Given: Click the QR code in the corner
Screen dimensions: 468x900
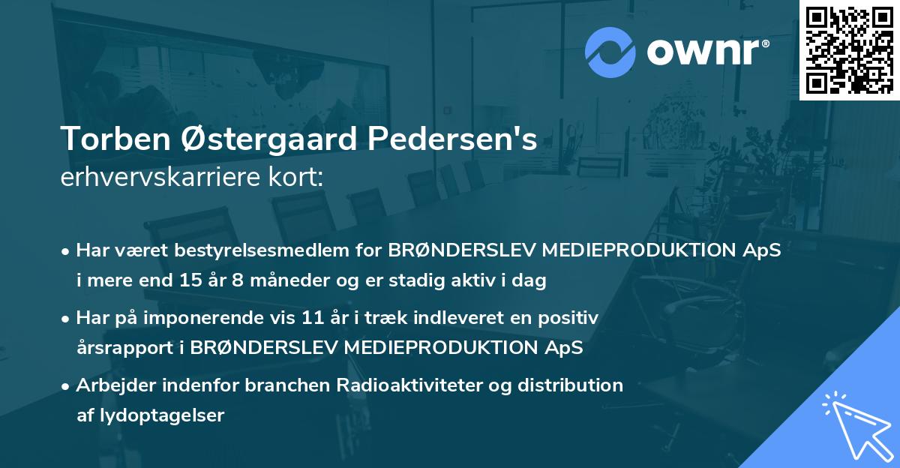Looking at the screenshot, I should point(849,49).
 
